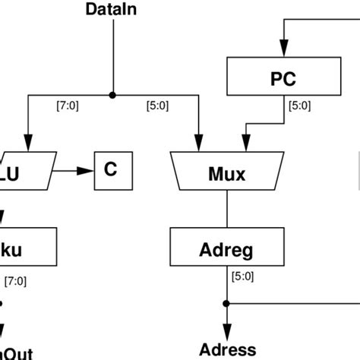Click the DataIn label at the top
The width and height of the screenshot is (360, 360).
point(112,10)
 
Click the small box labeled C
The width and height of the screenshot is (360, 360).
point(112,170)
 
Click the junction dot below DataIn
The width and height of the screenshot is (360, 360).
point(112,96)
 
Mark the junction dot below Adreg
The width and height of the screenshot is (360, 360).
point(226,302)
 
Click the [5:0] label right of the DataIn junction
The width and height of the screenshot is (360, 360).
point(158,106)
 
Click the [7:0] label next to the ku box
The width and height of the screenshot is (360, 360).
point(15,280)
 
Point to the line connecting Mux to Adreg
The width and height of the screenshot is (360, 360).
point(226,212)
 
